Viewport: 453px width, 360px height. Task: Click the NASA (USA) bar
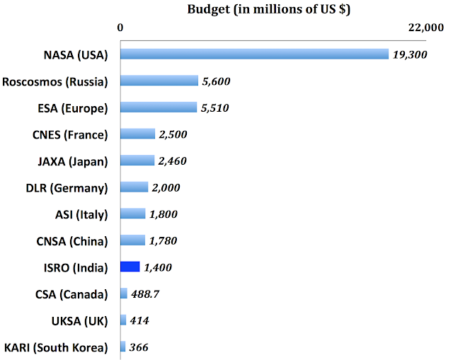click(254, 54)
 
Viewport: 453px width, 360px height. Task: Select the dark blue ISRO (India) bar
click(130, 267)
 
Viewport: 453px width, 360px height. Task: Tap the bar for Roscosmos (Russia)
click(159, 81)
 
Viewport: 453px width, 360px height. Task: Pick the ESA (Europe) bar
click(159, 108)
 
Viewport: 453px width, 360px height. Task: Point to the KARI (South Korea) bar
click(123, 347)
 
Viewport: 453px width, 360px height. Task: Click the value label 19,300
click(410, 54)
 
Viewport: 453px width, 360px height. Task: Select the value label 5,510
click(215, 108)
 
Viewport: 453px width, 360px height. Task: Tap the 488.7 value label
click(147, 294)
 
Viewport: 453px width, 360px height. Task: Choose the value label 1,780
click(163, 241)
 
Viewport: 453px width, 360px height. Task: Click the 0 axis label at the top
click(121, 28)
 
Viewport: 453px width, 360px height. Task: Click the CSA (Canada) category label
click(71, 294)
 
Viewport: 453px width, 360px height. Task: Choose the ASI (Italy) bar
click(133, 214)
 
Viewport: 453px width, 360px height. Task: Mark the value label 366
click(139, 347)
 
